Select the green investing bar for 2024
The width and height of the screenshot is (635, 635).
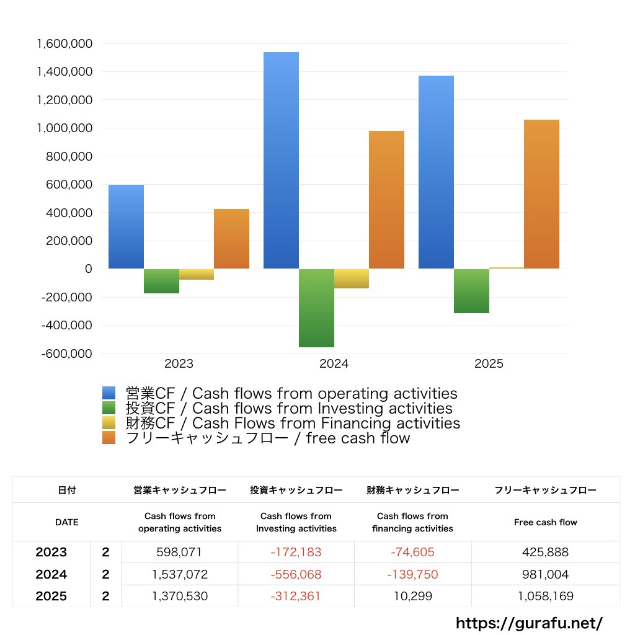point(316,308)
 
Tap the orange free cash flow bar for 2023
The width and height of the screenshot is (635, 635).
point(231,239)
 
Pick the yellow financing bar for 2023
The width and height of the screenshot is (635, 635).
point(197,274)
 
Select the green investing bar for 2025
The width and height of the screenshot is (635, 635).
point(471,291)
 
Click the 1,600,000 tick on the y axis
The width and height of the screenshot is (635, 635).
point(64,44)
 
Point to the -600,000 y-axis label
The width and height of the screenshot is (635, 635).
point(67,353)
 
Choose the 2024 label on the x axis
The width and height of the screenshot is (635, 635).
point(334,364)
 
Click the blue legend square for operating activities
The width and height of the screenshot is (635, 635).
point(109,393)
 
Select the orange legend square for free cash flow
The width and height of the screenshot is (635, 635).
point(109,438)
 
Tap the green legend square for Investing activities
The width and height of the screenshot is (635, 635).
point(109,408)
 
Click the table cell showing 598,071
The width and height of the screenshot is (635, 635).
point(179,552)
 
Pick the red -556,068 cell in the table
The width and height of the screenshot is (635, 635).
point(296,574)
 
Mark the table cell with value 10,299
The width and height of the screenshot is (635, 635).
point(412,597)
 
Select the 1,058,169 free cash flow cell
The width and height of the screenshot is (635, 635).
point(545,597)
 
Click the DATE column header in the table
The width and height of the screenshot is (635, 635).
point(67,522)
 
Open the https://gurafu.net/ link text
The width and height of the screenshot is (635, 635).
point(529,623)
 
